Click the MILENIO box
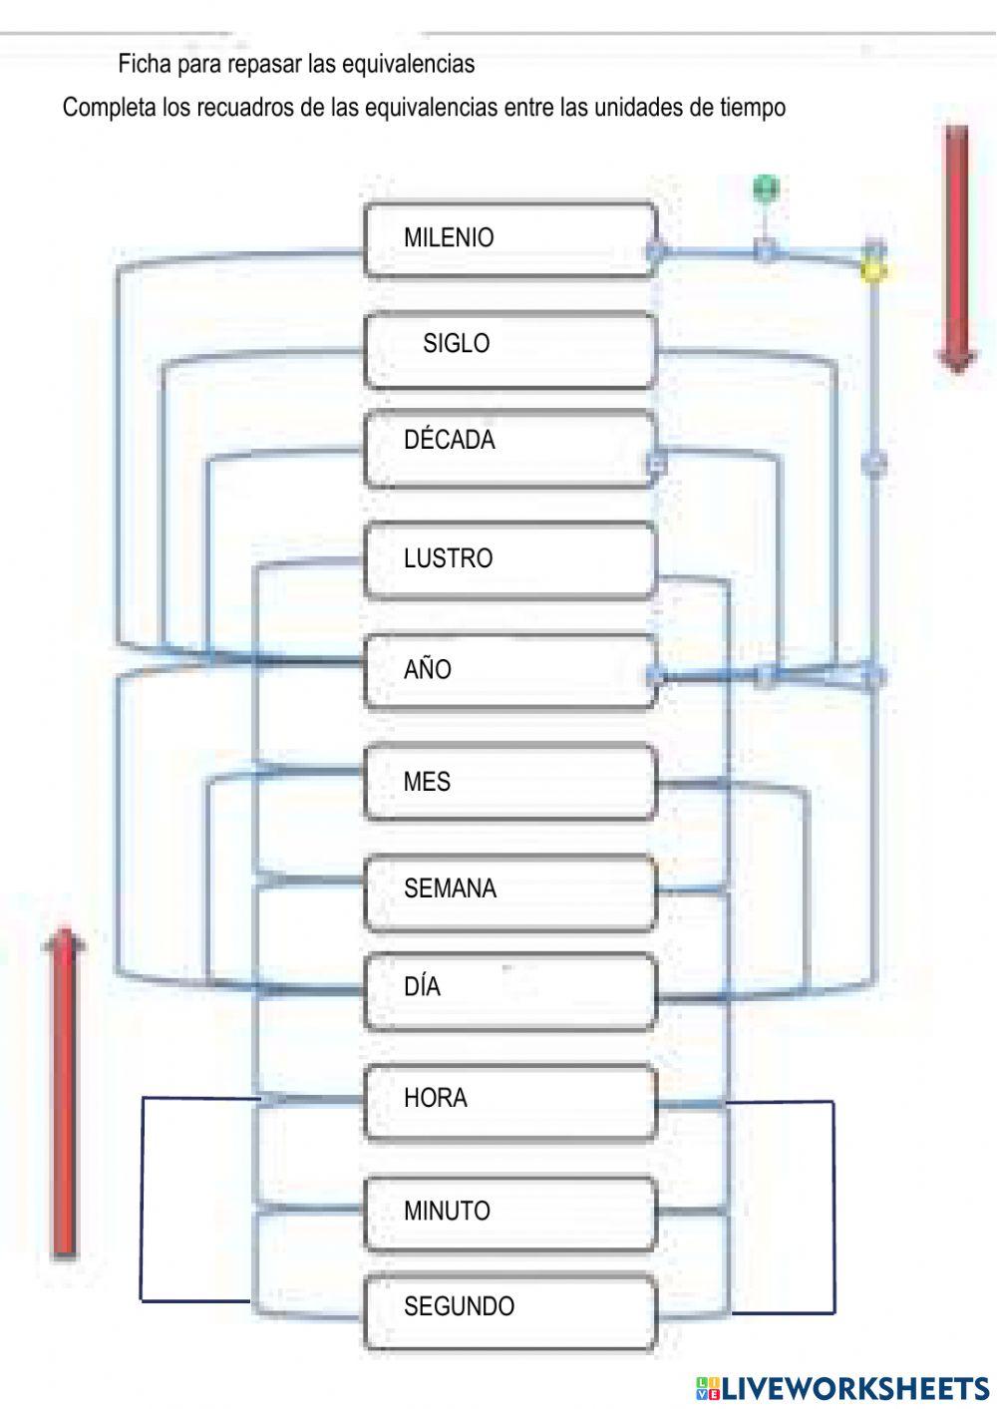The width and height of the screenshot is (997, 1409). [x=510, y=239]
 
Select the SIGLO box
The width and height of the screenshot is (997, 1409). [x=510, y=351]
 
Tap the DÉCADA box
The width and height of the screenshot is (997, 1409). [x=510, y=449]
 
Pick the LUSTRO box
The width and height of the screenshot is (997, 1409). [x=510, y=559]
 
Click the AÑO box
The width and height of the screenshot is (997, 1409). [x=510, y=672]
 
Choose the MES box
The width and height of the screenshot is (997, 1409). [x=510, y=782]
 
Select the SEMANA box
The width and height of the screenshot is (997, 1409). [x=510, y=892]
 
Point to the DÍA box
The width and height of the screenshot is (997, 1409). [x=510, y=991]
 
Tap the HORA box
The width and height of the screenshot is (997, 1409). [x=510, y=1102]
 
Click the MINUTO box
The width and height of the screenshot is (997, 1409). [x=510, y=1214]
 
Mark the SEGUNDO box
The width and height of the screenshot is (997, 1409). [x=510, y=1311]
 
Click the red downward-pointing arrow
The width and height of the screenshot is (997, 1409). [x=957, y=249]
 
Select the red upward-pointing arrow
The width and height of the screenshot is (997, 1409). [x=64, y=1094]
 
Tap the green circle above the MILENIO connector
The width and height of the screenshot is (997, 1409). [x=766, y=187]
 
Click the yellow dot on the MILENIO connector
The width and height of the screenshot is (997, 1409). [x=873, y=272]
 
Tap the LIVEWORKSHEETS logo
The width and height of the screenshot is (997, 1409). [x=841, y=1388]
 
